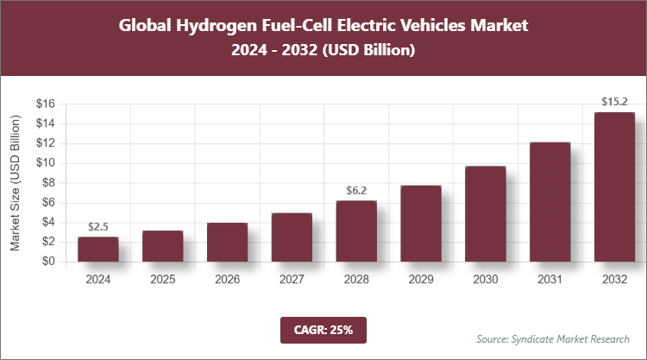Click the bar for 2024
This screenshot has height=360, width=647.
tap(97, 249)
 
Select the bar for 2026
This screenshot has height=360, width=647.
tap(227, 242)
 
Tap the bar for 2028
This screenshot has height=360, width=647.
tap(356, 231)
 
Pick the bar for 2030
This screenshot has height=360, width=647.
tap(485, 213)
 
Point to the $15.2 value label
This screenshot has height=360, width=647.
tap(614, 103)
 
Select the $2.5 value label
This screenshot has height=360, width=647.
tap(97, 227)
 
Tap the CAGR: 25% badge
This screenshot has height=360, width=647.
tap(323, 329)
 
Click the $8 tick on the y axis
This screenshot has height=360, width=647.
tap(48, 182)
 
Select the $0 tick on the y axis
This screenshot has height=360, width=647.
tap(48, 262)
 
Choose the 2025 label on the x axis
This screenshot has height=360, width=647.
tap(162, 280)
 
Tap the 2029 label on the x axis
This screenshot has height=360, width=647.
tap(421, 280)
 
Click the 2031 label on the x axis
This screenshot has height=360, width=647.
tap(550, 280)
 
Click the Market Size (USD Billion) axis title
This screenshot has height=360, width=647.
tap(16, 182)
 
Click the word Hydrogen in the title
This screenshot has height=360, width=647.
tap(213, 26)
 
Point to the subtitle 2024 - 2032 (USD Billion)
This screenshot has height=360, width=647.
tap(323, 51)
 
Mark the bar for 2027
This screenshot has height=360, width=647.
tap(292, 237)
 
